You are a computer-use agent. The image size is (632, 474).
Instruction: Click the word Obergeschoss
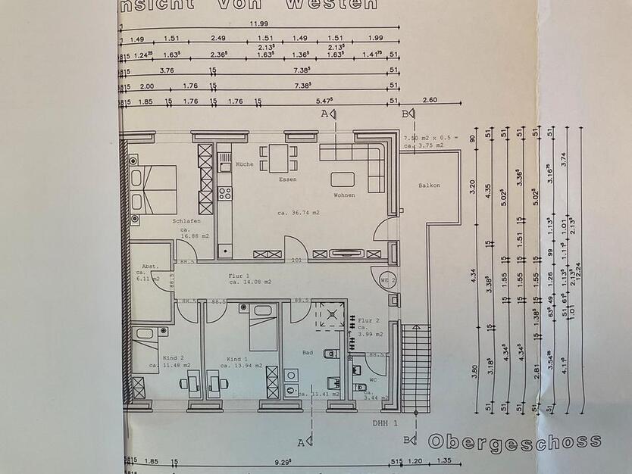click(515, 441)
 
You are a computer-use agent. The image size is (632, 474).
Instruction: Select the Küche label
click(244, 164)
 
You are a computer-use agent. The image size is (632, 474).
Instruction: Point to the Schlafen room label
click(186, 222)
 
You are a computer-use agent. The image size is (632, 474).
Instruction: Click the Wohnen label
click(343, 195)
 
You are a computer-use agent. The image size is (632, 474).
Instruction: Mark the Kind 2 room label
click(174, 358)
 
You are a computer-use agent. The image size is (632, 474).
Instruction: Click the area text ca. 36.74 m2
click(299, 214)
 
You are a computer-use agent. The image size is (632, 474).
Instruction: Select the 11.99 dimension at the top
click(260, 23)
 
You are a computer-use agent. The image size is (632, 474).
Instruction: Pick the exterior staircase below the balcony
click(415, 367)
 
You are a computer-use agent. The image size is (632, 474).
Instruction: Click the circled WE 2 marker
click(388, 279)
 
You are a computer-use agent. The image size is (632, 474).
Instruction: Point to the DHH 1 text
click(384, 424)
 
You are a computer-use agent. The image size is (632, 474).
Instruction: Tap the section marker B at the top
click(406, 114)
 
